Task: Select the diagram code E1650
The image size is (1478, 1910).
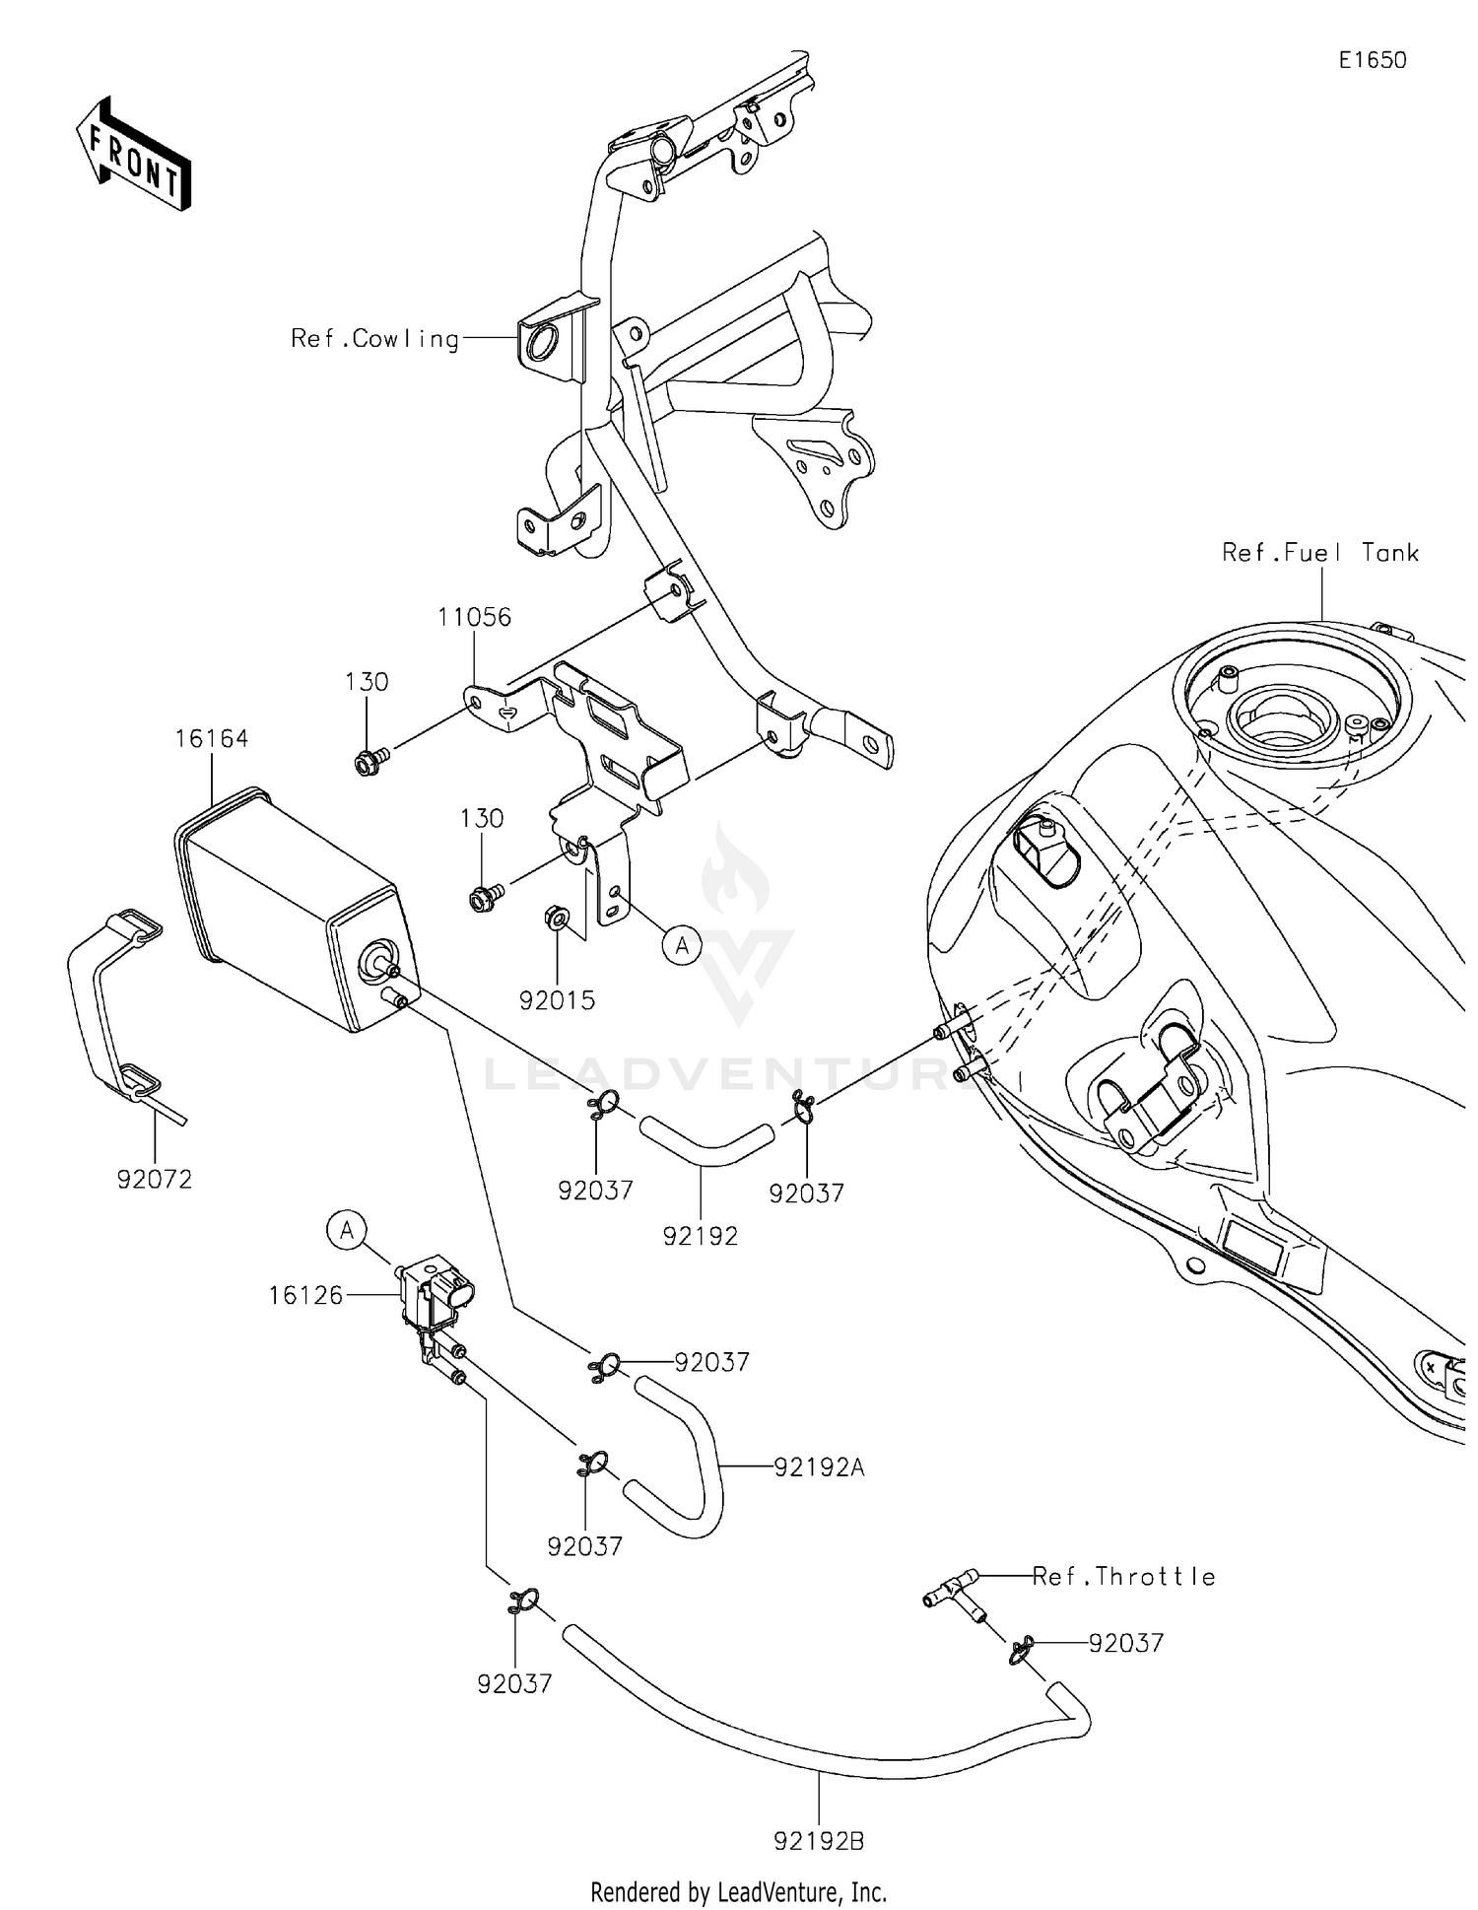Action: (x=1372, y=60)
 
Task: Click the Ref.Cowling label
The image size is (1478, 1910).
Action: (x=374, y=339)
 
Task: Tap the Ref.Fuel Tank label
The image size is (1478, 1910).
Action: (x=1319, y=553)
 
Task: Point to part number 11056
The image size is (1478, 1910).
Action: (x=474, y=618)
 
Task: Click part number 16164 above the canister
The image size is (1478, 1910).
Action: (x=212, y=739)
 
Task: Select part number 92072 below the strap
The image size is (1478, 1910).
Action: (x=155, y=1179)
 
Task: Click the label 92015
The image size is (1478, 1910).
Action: (x=558, y=1000)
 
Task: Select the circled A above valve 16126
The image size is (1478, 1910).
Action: (x=347, y=1231)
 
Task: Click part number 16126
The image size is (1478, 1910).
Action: (x=306, y=1296)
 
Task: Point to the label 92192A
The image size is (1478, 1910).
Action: (x=819, y=1467)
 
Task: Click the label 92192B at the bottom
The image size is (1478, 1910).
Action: (x=819, y=1840)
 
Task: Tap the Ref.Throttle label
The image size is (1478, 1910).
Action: (x=1124, y=1577)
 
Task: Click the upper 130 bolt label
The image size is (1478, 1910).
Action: (x=367, y=682)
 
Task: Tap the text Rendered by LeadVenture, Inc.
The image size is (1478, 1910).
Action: (x=738, y=1891)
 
